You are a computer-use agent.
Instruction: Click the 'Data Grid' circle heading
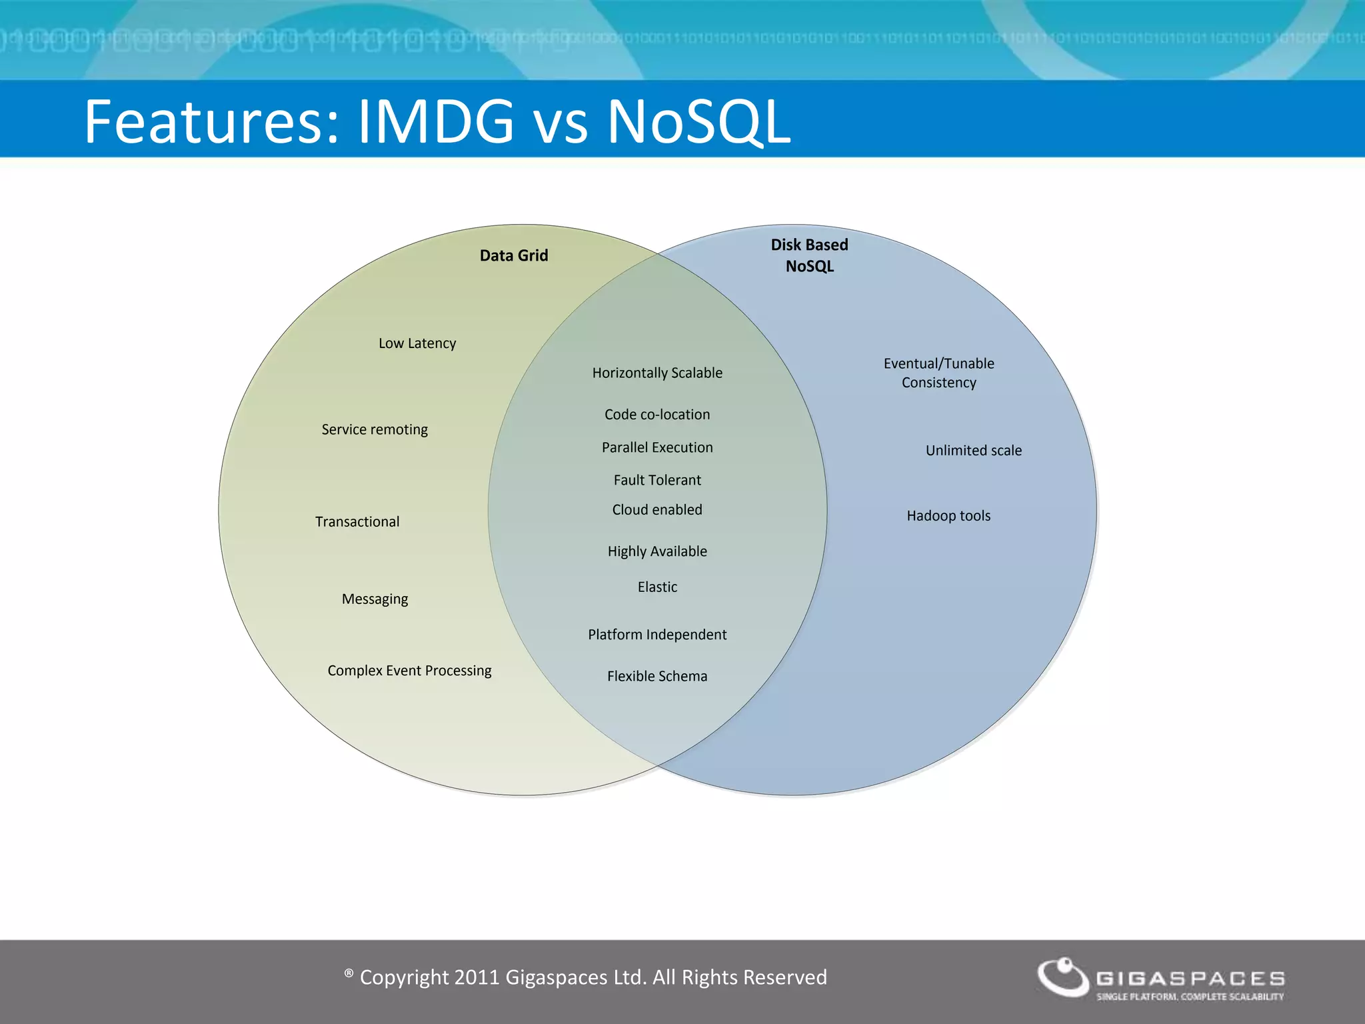pyautogui.click(x=513, y=255)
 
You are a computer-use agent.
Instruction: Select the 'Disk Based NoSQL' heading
pyautogui.click(x=809, y=255)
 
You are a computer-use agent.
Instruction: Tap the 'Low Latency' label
pyautogui.click(x=417, y=343)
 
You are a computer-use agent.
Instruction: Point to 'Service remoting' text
pyautogui.click(x=375, y=429)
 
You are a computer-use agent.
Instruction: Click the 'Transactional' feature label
pyautogui.click(x=357, y=521)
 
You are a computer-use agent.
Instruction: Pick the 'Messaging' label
pyautogui.click(x=375, y=599)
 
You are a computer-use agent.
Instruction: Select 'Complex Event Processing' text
pyautogui.click(x=409, y=670)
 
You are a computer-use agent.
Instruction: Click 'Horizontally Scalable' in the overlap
pyautogui.click(x=657, y=373)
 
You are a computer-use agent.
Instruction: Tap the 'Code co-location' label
pyautogui.click(x=657, y=414)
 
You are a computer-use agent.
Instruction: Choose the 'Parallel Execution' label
pyautogui.click(x=657, y=447)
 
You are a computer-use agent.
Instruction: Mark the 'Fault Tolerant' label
pyautogui.click(x=657, y=480)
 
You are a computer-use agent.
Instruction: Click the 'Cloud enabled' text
pyautogui.click(x=657, y=509)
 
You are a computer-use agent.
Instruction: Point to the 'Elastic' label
pyautogui.click(x=657, y=587)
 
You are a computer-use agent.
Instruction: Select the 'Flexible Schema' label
pyautogui.click(x=657, y=676)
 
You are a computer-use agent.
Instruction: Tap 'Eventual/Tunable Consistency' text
pyautogui.click(x=938, y=373)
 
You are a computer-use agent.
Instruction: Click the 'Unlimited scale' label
pyautogui.click(x=973, y=450)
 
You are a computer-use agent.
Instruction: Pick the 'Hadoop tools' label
pyautogui.click(x=948, y=515)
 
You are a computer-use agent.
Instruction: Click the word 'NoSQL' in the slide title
pyautogui.click(x=698, y=121)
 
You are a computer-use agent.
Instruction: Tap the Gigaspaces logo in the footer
pyautogui.click(x=1160, y=979)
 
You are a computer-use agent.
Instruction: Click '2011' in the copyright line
pyautogui.click(x=477, y=977)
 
